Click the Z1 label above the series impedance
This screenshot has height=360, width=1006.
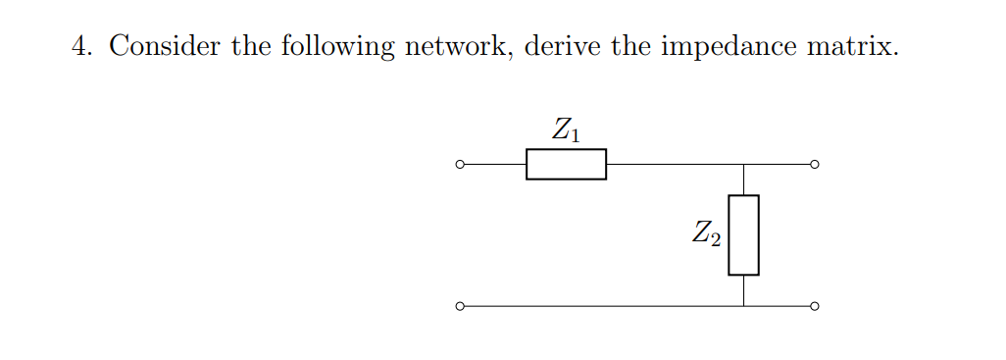coord(566,130)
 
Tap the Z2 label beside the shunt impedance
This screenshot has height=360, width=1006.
coord(706,234)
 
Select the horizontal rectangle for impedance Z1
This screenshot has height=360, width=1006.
coord(566,164)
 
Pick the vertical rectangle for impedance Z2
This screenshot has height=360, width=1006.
coord(743,234)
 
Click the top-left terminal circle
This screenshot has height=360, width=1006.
coord(459,164)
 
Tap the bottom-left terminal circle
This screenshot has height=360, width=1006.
coord(459,306)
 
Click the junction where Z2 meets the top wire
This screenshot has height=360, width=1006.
coord(743,164)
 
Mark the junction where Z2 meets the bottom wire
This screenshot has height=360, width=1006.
coord(743,306)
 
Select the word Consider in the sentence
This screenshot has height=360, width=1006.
coord(165,46)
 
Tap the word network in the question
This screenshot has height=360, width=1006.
coord(454,46)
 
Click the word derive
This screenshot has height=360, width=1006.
coord(563,46)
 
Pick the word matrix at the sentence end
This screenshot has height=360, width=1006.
coord(850,46)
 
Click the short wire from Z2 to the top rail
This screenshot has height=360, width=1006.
coord(743,180)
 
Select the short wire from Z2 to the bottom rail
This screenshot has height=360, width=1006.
coord(743,290)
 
